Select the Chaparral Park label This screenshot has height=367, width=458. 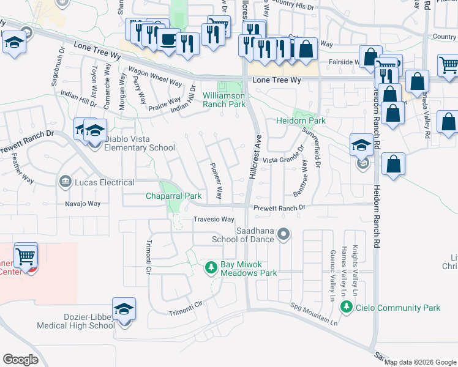173,196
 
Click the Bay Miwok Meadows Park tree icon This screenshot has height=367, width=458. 211,267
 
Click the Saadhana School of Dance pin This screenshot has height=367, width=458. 283,234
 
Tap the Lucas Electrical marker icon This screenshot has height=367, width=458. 65,182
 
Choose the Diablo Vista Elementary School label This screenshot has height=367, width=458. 140,147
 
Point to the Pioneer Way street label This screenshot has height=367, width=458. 216,181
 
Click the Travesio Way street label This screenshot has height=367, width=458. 214,220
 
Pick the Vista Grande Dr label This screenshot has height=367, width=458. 283,159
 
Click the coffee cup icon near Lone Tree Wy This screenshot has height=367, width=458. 168,40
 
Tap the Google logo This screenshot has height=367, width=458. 20,360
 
